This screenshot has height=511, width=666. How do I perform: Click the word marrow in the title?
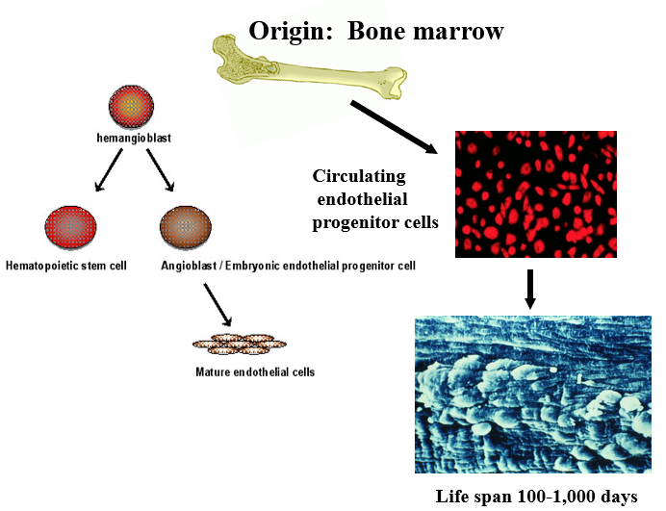(x=462, y=31)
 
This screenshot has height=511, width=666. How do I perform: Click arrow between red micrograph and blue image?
(x=529, y=289)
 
